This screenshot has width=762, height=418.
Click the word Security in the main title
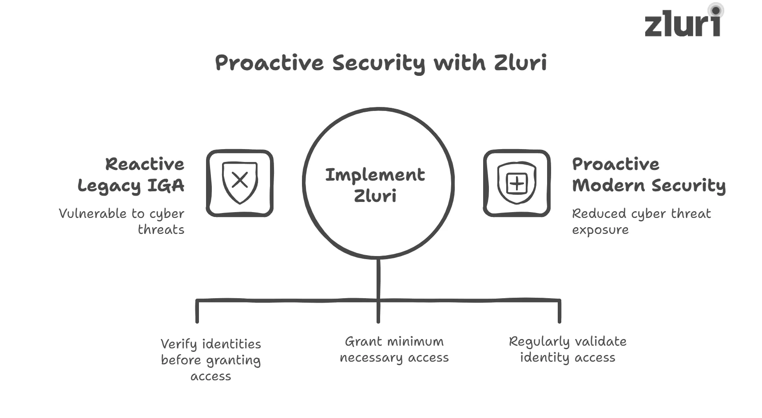point(378,63)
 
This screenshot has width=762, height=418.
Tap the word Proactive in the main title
point(269,63)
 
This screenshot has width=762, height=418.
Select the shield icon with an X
point(240,183)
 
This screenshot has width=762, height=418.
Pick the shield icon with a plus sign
point(516,183)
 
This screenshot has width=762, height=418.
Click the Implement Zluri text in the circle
point(375,185)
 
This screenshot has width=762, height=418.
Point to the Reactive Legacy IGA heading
point(131,175)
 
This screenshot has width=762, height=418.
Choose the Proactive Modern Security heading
point(648,175)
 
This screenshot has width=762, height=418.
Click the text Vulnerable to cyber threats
point(122,221)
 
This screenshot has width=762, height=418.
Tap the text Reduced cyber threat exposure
point(641,221)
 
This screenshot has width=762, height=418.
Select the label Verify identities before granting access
point(211,360)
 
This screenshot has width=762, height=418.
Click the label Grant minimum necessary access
point(394,349)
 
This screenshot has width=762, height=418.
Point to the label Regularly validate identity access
point(568,349)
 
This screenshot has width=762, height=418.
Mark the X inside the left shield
point(240,181)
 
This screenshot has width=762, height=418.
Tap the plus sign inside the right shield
point(516,183)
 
